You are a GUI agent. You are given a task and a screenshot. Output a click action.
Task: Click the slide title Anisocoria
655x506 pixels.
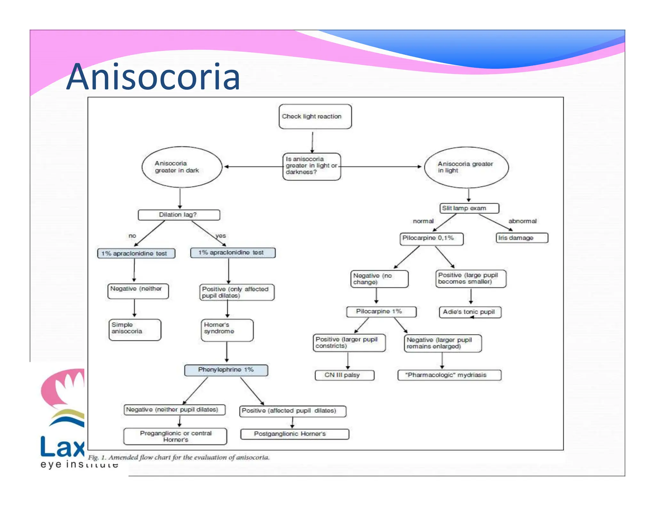point(153,77)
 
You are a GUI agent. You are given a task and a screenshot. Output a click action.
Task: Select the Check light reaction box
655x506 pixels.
point(315,116)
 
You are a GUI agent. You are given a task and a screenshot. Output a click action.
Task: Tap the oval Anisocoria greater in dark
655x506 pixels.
point(182,167)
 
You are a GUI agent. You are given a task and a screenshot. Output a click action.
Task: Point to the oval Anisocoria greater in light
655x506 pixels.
point(466,167)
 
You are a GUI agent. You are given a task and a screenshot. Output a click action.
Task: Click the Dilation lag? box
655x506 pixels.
point(179,215)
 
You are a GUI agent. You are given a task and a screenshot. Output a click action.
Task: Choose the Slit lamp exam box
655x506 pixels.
point(469,208)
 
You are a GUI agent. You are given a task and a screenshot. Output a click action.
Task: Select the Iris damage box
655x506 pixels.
point(522,238)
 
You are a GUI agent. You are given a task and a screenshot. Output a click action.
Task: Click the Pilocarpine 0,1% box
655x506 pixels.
point(431,239)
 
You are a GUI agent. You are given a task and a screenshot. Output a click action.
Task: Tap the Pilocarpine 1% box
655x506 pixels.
point(381,312)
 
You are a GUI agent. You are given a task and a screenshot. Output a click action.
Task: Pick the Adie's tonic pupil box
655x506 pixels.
point(470,312)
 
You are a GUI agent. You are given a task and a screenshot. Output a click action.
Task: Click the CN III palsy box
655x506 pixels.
point(344,375)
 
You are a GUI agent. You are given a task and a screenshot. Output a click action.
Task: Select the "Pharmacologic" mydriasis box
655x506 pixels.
point(449,375)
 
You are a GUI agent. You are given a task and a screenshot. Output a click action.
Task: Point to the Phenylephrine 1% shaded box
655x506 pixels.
point(226,370)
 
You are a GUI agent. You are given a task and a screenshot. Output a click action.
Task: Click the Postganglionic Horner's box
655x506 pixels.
point(294,434)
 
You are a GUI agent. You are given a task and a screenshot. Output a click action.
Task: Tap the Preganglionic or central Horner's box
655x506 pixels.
point(175,436)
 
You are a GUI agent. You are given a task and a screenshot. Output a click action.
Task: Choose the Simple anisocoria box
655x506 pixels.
point(135,329)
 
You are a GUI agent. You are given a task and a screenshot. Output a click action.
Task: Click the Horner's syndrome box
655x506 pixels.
point(227,330)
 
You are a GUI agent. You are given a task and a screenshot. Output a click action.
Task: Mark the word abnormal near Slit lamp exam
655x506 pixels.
point(522,221)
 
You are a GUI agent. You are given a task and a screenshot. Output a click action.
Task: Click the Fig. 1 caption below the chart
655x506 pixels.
point(179,457)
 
